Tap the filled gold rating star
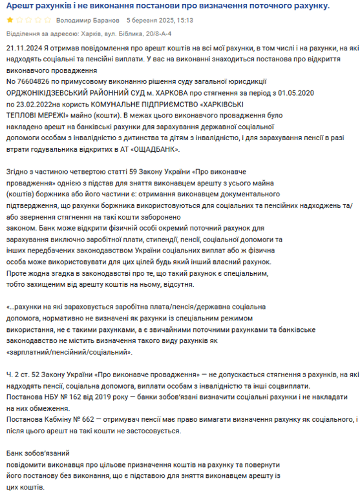[x=8, y=20]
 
